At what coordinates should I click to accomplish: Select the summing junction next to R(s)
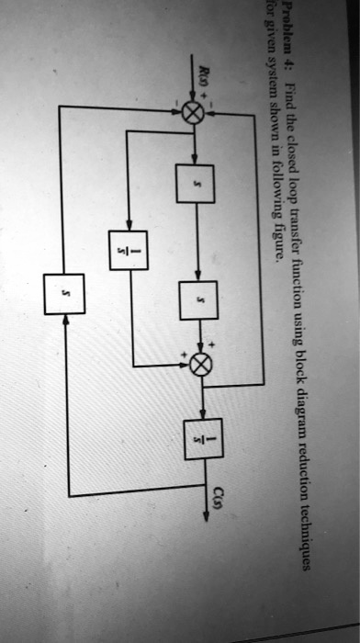[195, 113]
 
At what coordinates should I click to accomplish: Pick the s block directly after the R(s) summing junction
[195, 184]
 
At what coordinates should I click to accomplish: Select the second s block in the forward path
[198, 299]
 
